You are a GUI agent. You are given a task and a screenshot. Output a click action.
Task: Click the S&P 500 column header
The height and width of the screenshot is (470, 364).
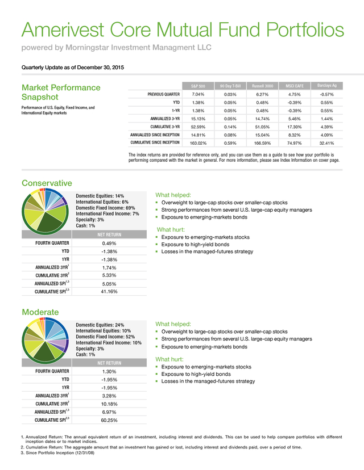198,86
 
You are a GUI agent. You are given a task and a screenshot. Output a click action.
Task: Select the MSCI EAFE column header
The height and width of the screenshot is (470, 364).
294,86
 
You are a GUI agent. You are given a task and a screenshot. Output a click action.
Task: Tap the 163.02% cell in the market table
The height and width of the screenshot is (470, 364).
198,143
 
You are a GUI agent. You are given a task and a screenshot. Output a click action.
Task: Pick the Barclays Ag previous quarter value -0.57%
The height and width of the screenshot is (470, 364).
326,94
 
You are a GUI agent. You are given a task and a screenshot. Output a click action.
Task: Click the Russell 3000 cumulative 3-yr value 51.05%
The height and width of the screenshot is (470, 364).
262,127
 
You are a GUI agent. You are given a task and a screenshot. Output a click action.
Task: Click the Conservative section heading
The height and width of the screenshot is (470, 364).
47,183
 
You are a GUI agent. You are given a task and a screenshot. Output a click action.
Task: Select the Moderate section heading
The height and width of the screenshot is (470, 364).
40,312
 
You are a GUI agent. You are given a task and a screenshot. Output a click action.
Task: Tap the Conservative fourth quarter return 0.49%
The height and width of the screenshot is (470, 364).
109,244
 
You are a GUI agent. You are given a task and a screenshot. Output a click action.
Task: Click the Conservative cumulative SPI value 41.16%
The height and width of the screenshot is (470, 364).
109,291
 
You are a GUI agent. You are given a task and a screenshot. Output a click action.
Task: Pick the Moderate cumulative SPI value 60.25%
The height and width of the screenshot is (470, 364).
109,420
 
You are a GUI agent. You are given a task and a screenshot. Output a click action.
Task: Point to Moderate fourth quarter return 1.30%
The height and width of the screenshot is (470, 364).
109,372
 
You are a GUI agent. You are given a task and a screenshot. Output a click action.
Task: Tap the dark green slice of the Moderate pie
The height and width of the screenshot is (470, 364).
44,351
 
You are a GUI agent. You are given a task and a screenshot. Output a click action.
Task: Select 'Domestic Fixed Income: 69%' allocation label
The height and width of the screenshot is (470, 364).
105,208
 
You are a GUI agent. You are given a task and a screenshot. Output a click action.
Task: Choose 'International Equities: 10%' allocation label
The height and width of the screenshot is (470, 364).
104,331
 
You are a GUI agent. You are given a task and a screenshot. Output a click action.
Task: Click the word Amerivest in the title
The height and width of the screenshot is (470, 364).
63,30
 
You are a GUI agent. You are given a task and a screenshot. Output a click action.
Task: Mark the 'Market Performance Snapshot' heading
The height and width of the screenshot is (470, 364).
61,93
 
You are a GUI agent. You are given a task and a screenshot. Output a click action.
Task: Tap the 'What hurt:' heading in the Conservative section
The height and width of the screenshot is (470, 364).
171,230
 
